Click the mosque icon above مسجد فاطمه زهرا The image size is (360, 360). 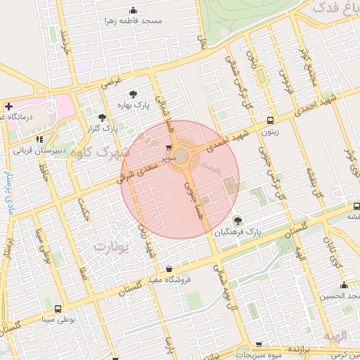pyautogui.click(x=133, y=11)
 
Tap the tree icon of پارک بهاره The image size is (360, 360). pyautogui.click(x=132, y=94)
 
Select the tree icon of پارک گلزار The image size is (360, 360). pyautogui.click(x=103, y=117)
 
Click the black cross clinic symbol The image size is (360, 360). pyautogui.click(x=8, y=108)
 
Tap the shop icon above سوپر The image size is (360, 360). pyautogui.click(x=169, y=148)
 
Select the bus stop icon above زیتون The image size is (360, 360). pyautogui.click(x=270, y=120)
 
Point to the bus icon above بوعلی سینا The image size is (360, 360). pyautogui.click(x=57, y=309)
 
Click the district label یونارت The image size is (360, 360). pyautogui.click(x=112, y=247)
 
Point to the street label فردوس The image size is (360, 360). pyautogui.click(x=285, y=82)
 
